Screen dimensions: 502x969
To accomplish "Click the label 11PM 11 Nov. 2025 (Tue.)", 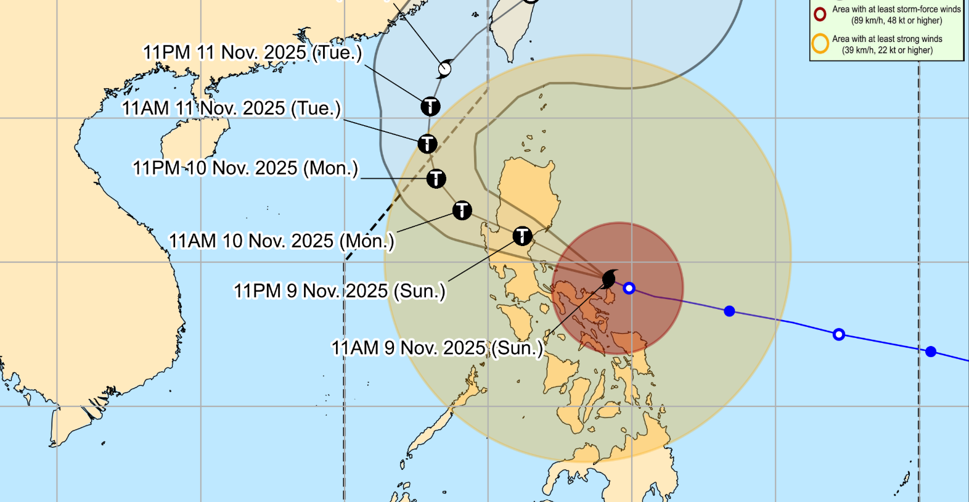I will click(252, 52).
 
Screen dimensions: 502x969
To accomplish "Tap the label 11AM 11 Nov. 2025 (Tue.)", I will click(231, 109).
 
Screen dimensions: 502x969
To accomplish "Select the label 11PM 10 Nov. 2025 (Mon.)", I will click(245, 168).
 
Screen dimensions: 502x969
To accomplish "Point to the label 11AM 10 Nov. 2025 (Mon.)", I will click(281, 241).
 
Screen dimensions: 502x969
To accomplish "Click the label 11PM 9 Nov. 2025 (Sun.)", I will click(339, 290).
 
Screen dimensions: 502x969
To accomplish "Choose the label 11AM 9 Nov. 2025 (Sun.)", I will click(437, 348).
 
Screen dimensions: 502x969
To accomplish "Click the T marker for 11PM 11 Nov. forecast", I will click(430, 106).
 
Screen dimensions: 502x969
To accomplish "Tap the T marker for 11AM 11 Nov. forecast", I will click(427, 144).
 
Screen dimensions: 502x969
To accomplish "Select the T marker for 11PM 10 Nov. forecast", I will click(436, 179).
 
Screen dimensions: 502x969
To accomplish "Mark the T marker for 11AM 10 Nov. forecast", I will click(462, 210).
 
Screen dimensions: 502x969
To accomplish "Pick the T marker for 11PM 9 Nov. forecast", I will click(522, 236).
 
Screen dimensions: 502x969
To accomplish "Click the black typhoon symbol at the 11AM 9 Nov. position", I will click(609, 279).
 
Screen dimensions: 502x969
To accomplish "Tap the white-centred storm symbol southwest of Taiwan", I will click(444, 68).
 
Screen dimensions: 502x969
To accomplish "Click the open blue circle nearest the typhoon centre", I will click(629, 288).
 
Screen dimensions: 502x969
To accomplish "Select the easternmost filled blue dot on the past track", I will click(931, 352).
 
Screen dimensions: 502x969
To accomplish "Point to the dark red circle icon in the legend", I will click(820, 14).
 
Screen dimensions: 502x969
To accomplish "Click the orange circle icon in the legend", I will click(820, 44).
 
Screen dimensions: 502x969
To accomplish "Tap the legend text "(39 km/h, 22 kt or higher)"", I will click(887, 50).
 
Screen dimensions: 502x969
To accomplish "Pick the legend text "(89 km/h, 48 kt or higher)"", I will click(896, 20).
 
